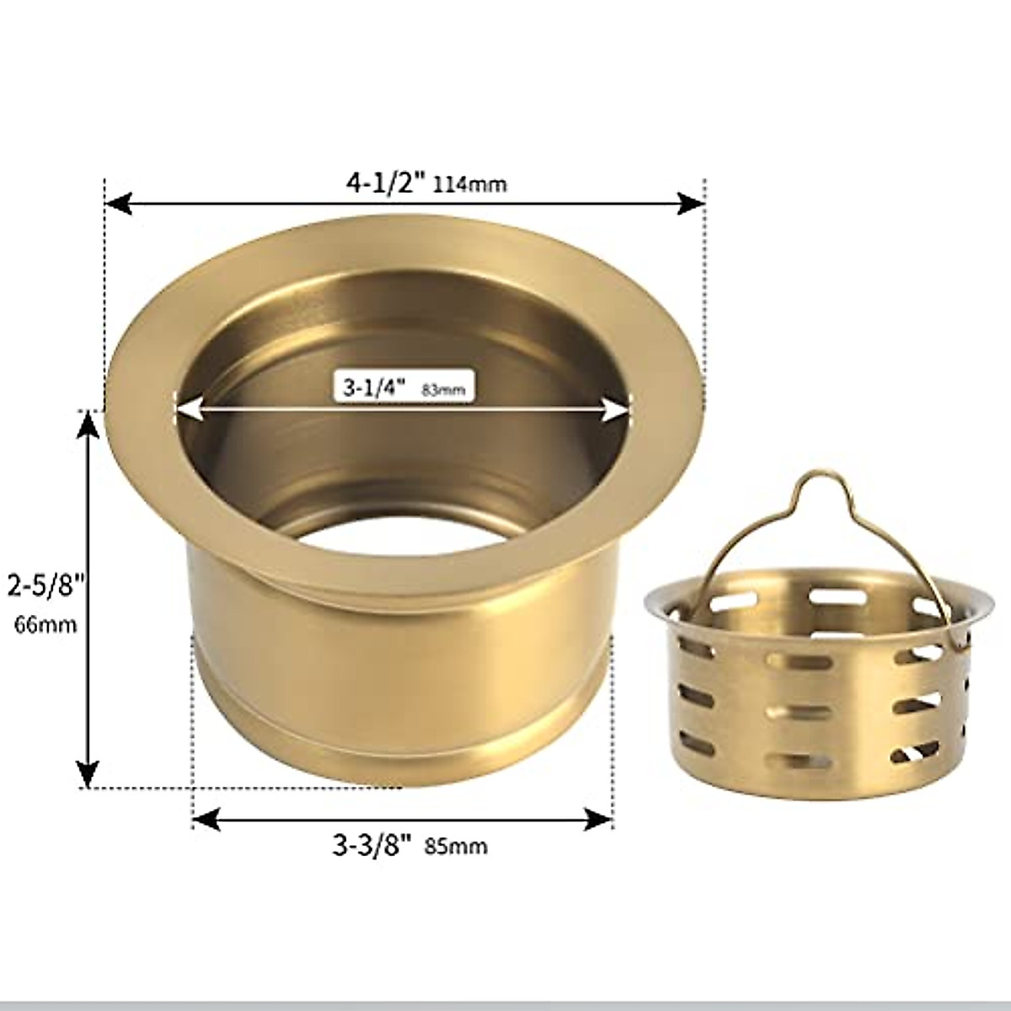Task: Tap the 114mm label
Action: point(469,184)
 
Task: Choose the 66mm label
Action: point(45,624)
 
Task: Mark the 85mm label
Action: point(456,846)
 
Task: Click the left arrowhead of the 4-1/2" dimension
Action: point(118,204)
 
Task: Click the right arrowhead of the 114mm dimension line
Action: point(691,203)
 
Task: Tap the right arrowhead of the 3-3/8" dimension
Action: point(599,818)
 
